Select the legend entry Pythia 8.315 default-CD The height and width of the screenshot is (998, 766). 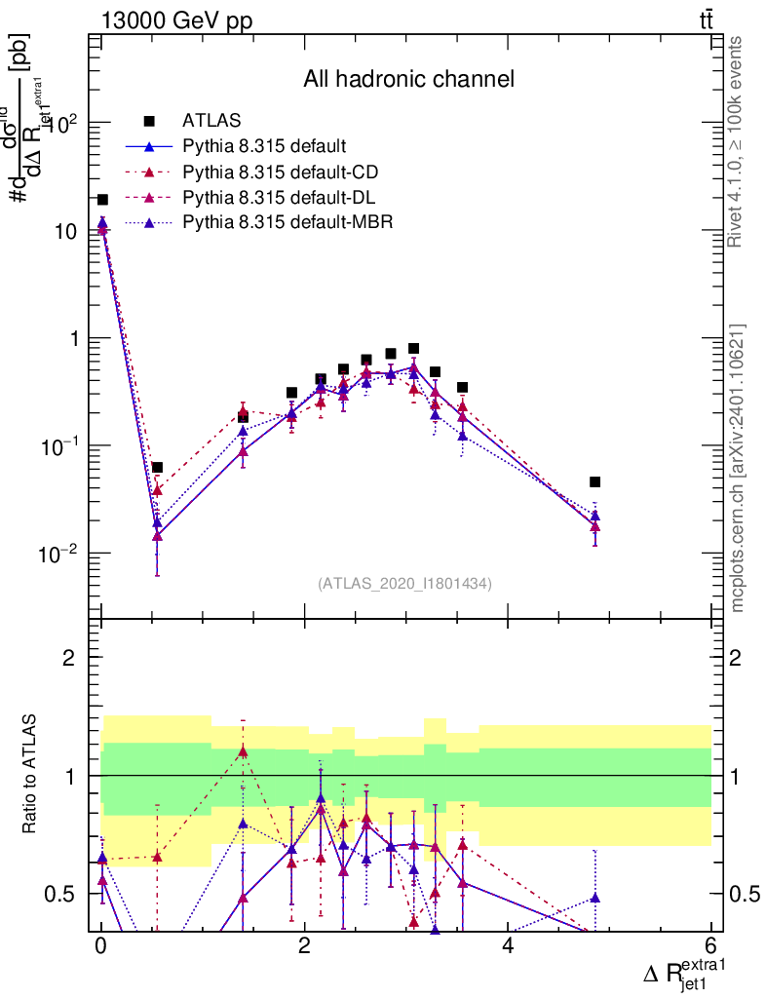point(281,173)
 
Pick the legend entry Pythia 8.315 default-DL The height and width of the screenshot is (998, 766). point(280,198)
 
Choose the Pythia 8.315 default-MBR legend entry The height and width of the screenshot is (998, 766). point(287,223)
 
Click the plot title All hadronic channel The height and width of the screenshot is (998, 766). point(408,79)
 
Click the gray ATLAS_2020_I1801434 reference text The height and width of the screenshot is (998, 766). point(404,584)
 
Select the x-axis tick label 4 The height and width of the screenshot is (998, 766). point(508,946)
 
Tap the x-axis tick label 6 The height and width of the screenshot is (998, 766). point(710,946)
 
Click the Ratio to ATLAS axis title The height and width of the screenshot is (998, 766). point(31,775)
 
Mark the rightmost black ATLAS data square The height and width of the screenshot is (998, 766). point(594,481)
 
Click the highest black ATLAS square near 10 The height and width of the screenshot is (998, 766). point(102,200)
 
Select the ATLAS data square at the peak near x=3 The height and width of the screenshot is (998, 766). point(413,348)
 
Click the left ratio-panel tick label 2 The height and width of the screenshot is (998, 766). point(69,658)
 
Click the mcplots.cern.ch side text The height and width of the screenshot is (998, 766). point(738,469)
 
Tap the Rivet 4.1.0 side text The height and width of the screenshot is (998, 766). point(738,141)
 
